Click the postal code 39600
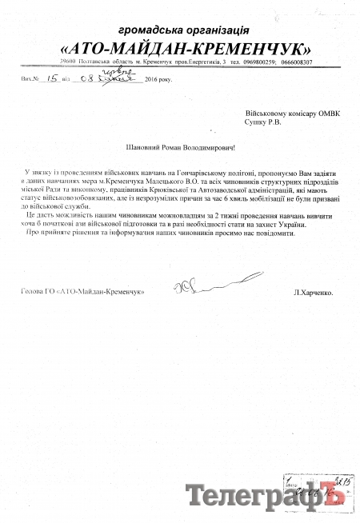[x=46, y=62]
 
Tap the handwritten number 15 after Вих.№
[x=53, y=79]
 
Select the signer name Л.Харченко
[x=314, y=293]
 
